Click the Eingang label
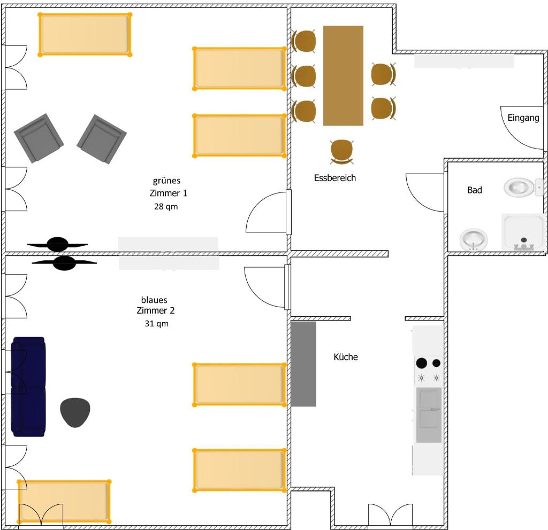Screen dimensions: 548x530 pos(523,118)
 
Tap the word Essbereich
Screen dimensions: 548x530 pos(335,178)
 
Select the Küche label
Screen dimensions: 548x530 pos(346,357)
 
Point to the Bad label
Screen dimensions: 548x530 pos(475,190)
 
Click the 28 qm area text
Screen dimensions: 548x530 pos(166,207)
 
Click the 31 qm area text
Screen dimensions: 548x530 pos(157,324)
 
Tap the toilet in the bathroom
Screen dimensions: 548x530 pos(523,187)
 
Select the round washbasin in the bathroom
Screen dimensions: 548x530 pos(473,239)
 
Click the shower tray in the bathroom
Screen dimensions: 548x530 pos(523,232)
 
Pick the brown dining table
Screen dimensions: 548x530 pos(343,75)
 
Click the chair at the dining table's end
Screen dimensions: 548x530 pos(342,152)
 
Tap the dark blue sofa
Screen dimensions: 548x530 pos(28,387)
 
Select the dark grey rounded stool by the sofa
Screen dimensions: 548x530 pos(75,412)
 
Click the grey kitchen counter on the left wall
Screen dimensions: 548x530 pos(303,364)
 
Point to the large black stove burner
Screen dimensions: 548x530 pos(422,363)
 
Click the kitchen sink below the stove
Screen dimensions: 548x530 pos(429,415)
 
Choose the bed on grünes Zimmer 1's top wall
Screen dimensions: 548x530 pos(85,34)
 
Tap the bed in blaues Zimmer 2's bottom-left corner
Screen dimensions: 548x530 pos(64,502)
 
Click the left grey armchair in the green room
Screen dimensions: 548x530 pos(39,138)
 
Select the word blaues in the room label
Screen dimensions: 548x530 pos(154,300)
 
